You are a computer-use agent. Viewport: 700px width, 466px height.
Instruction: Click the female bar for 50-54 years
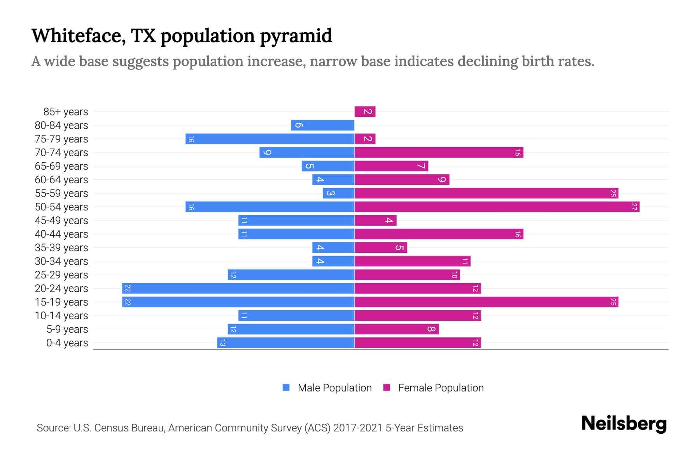pos(497,207)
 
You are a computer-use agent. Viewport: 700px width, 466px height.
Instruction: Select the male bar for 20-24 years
pos(238,289)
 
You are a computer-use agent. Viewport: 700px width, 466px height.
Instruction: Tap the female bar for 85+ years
pos(365,112)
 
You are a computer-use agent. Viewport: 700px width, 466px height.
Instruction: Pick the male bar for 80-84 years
pos(323,125)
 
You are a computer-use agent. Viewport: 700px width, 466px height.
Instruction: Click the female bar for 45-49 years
pos(375,221)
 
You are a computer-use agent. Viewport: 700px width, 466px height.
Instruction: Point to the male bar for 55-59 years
pos(338,193)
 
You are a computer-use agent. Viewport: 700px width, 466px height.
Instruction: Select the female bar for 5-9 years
pos(396,329)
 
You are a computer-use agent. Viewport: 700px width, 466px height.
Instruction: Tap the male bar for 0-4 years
pos(286,343)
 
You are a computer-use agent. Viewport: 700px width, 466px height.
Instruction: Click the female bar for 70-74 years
pos(439,153)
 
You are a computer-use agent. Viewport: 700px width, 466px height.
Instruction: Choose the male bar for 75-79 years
pos(270,139)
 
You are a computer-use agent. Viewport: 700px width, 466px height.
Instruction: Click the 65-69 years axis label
pos(61,166)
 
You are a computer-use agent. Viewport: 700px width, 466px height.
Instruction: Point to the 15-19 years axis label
pos(61,302)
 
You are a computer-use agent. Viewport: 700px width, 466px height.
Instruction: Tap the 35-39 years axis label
pos(61,248)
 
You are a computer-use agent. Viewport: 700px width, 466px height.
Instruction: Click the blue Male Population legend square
pos(286,388)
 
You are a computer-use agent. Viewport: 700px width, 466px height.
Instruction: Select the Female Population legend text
pos(441,388)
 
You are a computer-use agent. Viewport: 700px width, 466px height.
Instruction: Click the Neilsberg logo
pos(624,424)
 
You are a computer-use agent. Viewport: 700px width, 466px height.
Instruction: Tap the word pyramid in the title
pos(296,36)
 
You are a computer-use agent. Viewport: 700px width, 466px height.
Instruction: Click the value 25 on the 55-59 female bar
pos(613,193)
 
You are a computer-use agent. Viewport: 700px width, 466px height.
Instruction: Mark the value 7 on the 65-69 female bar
pos(421,166)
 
